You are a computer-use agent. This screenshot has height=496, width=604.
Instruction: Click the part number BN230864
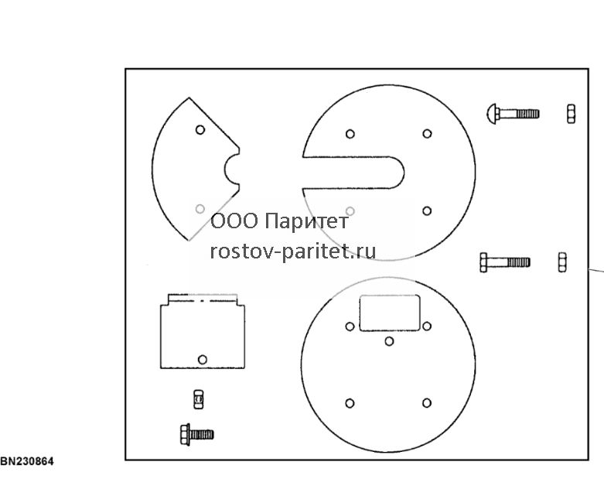[27, 461]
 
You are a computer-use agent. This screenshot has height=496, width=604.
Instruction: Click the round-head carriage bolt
[513, 114]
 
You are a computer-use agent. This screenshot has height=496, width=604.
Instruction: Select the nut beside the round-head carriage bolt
[572, 114]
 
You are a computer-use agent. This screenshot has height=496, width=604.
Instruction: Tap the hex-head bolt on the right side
[505, 262]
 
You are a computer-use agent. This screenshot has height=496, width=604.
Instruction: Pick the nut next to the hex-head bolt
[562, 262]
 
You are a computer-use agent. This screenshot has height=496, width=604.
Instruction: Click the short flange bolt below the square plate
[197, 435]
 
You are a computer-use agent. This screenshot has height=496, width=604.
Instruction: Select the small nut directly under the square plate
[199, 399]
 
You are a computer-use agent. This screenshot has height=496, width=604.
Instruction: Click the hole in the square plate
[202, 360]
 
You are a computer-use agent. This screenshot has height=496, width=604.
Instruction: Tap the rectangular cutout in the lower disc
[390, 313]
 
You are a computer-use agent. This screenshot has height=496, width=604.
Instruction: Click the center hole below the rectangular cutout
[389, 341]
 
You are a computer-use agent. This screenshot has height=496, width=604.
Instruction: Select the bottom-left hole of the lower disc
[350, 403]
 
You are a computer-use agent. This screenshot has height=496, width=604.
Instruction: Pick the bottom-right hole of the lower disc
[427, 402]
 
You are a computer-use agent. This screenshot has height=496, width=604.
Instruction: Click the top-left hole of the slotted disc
[350, 134]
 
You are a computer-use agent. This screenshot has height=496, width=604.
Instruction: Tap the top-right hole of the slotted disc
[427, 134]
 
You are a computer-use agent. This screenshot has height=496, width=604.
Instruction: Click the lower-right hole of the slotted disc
[427, 210]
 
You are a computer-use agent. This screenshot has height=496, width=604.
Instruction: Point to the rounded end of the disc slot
[404, 173]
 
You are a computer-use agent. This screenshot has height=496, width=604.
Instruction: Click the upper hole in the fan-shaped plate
[200, 129]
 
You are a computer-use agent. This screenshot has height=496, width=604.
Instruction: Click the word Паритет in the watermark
[307, 221]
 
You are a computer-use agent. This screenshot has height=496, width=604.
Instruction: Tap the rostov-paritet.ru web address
[293, 251]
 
